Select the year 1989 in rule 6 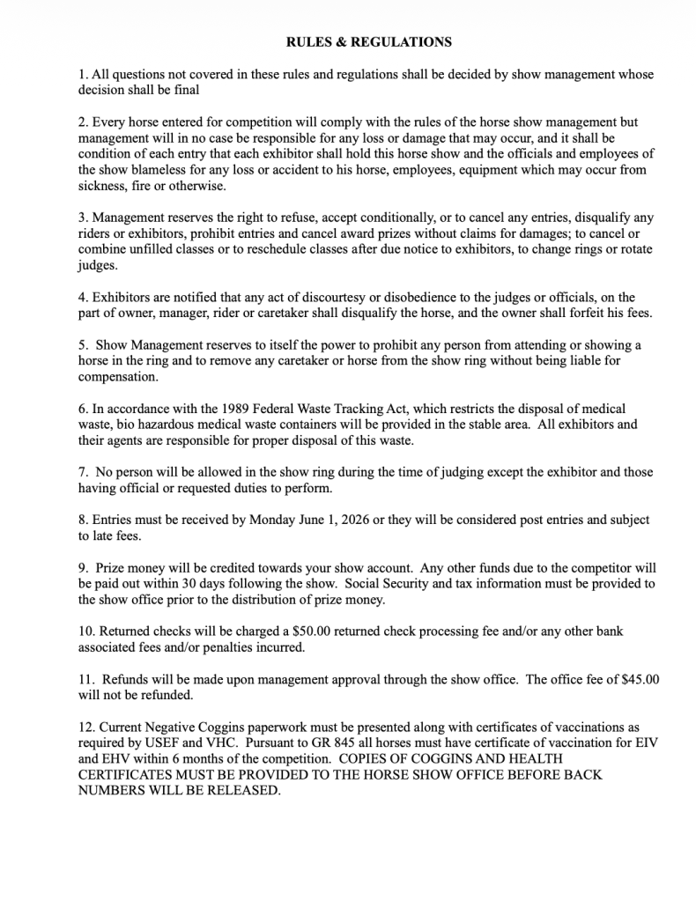click(x=188, y=409)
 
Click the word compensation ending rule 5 click(x=118, y=376)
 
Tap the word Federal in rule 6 click(x=228, y=409)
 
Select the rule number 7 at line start click(x=81, y=472)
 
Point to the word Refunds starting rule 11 click(x=129, y=679)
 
